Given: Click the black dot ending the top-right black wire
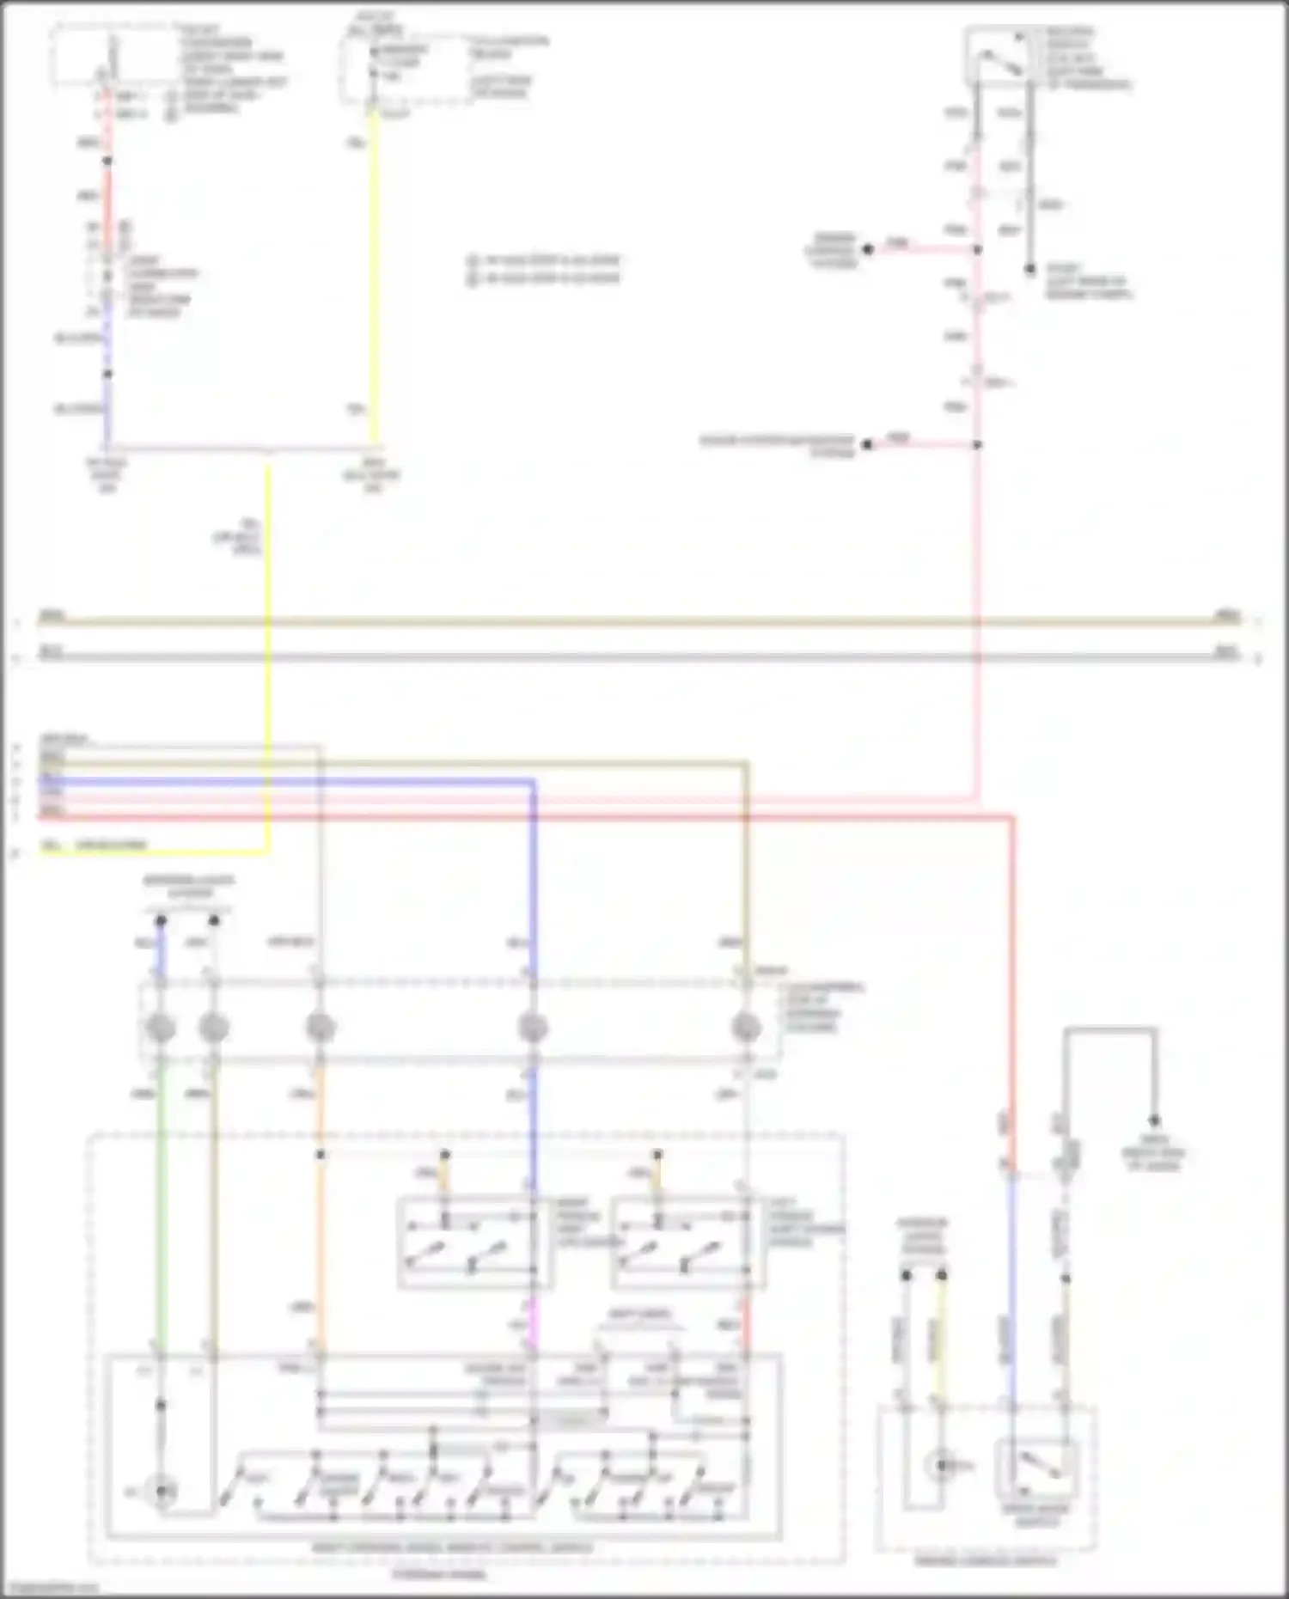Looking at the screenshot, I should tap(1029, 269).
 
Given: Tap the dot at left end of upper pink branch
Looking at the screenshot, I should tap(868, 249).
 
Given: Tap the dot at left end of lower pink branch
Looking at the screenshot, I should tap(867, 444).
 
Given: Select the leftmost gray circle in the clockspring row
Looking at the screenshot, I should tap(161, 1028).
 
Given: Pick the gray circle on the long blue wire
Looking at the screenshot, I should tap(533, 1028).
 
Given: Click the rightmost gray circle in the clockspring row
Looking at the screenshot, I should tap(746, 1028).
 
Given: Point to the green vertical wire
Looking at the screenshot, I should tap(160, 1203).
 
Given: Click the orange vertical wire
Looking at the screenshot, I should tap(320, 1246).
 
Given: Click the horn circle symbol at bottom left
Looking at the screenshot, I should tap(161, 1491).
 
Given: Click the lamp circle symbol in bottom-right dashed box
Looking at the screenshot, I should tap(942, 1465).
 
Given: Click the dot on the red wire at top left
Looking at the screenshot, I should tap(107, 161).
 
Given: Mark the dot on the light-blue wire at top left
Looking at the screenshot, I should tap(107, 374).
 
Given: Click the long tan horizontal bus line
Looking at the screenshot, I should tap(636, 620).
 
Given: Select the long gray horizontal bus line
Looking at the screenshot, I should tap(636, 657).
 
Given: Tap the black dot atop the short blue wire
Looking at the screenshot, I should tap(161, 921).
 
